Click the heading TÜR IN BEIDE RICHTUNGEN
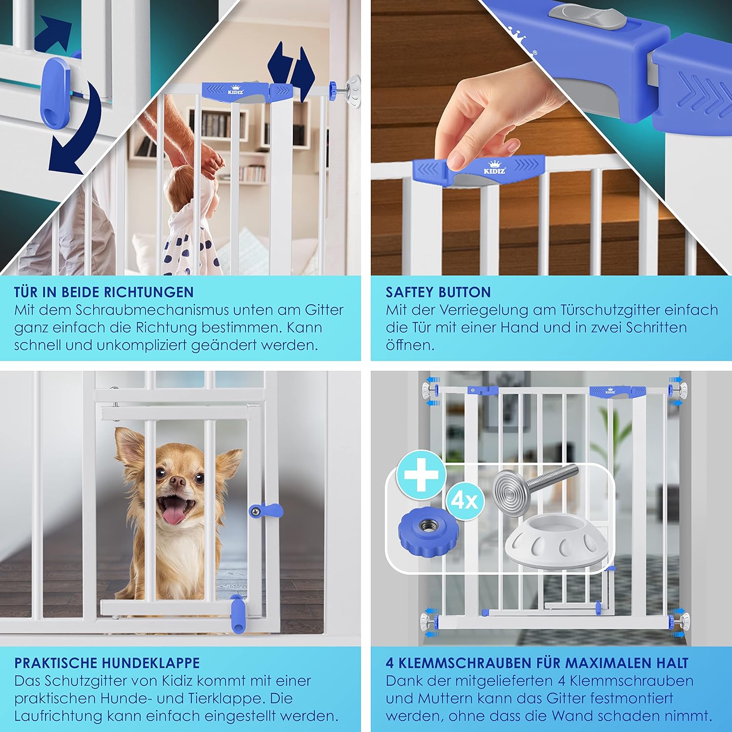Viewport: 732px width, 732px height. coord(104,292)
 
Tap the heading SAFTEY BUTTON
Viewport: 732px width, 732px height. coord(438,292)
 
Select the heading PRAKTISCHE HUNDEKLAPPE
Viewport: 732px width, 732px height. coord(107,663)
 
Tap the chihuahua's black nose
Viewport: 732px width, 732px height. coord(178,482)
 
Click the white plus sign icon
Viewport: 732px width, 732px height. coord(421,474)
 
